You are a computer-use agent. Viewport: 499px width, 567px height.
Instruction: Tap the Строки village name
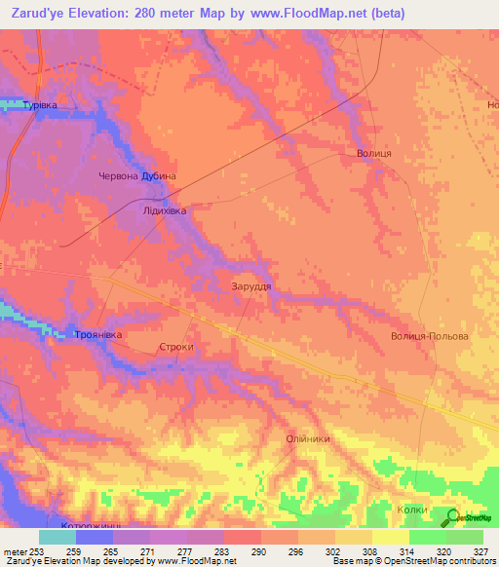[x=176, y=346]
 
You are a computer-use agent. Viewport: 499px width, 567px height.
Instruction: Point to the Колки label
[x=415, y=508]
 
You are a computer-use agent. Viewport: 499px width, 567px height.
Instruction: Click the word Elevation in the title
[x=108, y=14]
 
